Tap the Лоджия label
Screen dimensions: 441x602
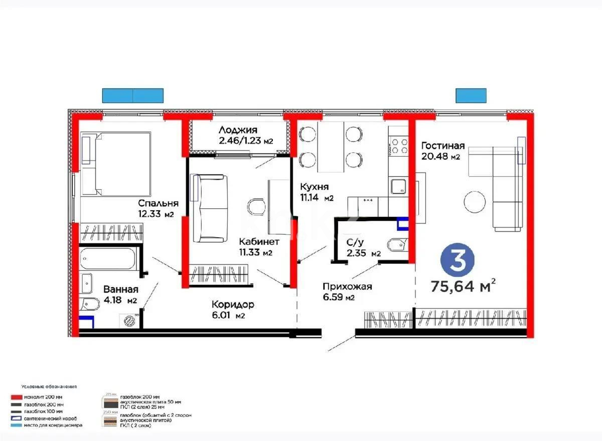(x=238, y=130)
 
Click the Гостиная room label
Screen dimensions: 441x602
(x=443, y=145)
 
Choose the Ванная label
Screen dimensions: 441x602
(x=121, y=289)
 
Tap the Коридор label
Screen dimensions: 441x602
(x=233, y=305)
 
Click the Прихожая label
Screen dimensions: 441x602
(x=347, y=286)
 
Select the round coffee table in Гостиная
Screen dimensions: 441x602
(x=474, y=202)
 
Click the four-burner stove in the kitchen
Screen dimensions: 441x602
(x=399, y=145)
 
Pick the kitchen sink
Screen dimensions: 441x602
(x=399, y=187)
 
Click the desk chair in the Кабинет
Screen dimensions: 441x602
(x=257, y=207)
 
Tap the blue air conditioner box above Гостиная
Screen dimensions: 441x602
(x=471, y=95)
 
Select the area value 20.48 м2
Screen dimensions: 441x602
(x=441, y=157)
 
